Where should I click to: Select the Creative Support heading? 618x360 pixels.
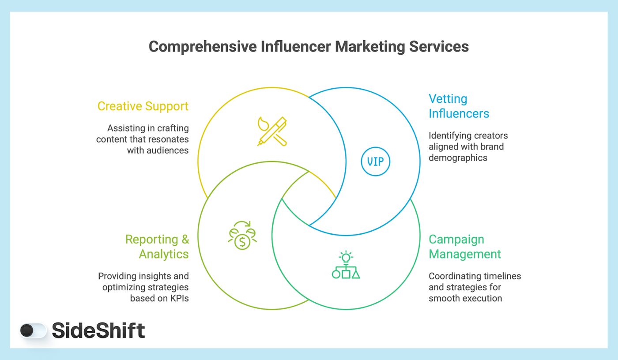point(143,106)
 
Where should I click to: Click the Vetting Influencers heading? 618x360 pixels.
point(459,106)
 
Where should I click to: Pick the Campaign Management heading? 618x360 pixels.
point(465,247)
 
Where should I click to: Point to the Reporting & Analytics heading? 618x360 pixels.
point(157,247)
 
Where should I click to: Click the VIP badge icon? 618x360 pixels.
point(376,161)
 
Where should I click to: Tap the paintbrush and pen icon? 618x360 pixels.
point(272,131)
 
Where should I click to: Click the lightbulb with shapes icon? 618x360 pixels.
point(346,266)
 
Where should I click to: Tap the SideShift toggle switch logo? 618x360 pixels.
point(33,330)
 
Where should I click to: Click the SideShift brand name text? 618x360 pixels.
point(98,330)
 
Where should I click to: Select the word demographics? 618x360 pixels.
point(458,157)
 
